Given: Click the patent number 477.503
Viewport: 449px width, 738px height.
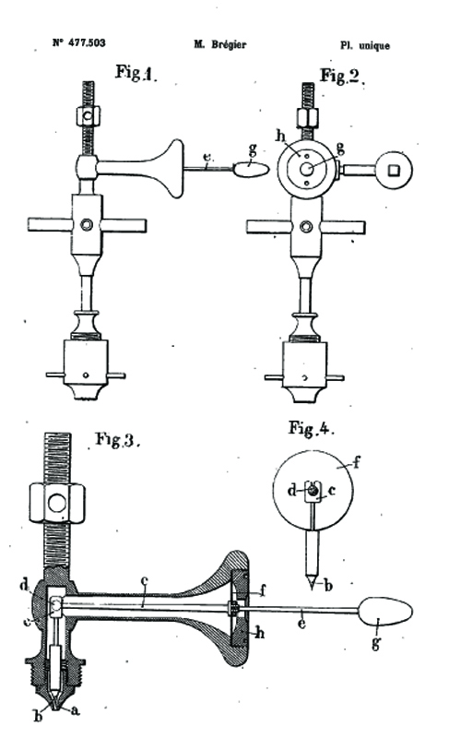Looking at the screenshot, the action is point(87,42).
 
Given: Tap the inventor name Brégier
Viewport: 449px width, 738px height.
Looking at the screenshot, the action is point(229,44).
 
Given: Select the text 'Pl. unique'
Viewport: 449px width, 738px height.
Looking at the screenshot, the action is point(365,45).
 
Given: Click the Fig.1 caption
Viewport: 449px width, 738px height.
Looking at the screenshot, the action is point(136,73).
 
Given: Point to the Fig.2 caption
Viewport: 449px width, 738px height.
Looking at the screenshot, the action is point(341,76).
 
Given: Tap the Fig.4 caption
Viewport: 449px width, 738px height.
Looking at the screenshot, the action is point(311,428).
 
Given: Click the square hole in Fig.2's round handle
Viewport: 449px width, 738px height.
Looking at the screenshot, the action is point(394,170).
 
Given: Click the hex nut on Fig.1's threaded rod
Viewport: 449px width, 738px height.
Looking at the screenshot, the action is point(88,116).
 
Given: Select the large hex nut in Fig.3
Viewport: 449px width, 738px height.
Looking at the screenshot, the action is point(57,503).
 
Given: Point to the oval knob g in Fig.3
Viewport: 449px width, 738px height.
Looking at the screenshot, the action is point(385,612).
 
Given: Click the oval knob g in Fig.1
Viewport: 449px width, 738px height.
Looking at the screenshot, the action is point(251,169).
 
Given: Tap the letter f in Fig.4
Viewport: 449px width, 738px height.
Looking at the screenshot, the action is point(356,462).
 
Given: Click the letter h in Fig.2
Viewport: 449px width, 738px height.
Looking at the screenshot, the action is point(280,137).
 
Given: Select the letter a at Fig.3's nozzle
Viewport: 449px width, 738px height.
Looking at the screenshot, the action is point(75,710).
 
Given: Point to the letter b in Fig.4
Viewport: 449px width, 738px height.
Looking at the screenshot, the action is point(328,586).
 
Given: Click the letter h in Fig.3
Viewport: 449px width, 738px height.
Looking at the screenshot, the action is point(260,634).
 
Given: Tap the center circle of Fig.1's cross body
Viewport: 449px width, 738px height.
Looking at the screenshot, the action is point(87,224).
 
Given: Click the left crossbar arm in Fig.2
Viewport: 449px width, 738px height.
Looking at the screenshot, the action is point(269,228).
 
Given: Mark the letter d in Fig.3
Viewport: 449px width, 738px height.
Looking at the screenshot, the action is point(24,585).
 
